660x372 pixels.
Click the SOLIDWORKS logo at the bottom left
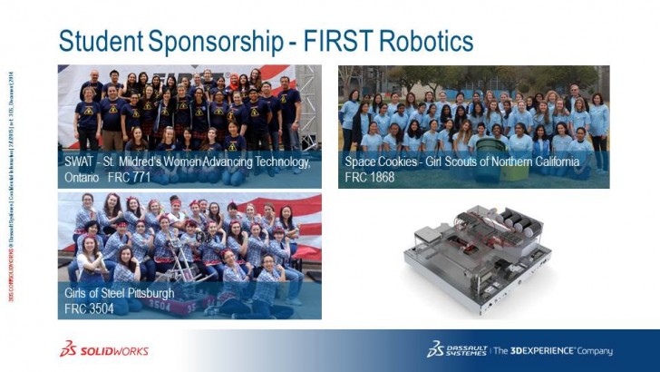[x=104, y=350]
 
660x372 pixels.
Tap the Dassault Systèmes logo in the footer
[x=458, y=350]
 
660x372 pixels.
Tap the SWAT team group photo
[x=189, y=109]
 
